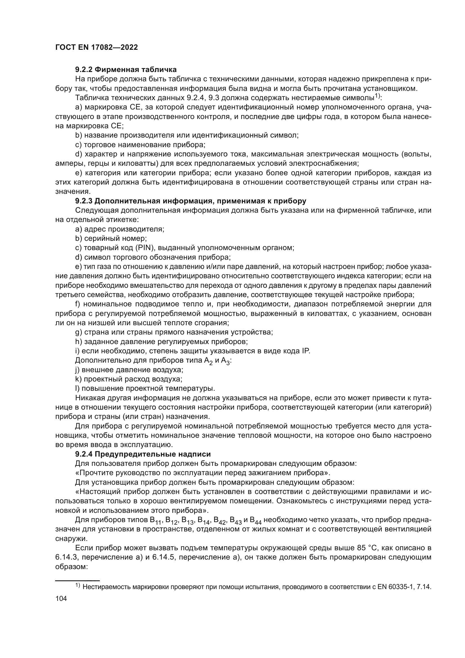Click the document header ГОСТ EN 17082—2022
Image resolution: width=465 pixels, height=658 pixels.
click(96, 47)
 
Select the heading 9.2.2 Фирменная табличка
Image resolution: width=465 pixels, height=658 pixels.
click(126, 69)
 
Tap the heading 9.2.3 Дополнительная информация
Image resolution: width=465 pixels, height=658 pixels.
click(190, 201)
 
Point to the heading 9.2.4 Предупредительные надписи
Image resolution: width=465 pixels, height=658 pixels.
click(143, 454)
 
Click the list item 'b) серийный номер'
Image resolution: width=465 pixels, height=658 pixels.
click(111, 238)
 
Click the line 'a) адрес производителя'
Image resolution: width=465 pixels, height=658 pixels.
click(119, 229)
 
